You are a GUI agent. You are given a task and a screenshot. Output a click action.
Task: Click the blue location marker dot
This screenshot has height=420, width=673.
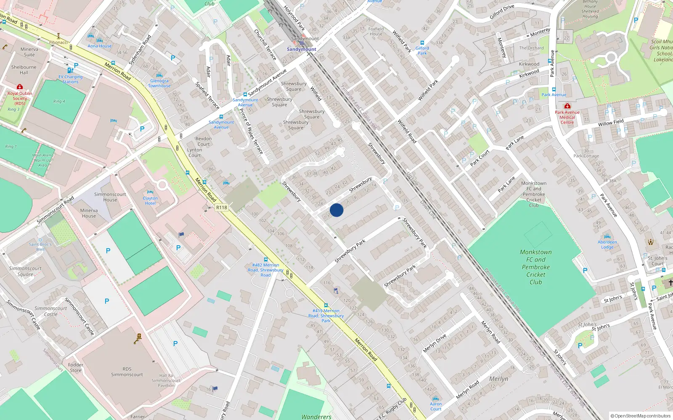[336, 210]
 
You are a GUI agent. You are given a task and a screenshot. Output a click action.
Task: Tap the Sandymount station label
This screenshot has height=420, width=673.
[301, 49]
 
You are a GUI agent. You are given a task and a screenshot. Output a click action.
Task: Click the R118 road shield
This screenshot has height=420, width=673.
[221, 207]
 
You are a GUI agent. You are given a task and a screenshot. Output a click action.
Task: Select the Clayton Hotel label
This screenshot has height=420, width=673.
[150, 201]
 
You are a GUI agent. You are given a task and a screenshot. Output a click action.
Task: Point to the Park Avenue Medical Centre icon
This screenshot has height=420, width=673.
[567, 106]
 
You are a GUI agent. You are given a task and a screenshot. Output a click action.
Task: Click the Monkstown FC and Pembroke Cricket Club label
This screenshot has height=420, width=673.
[535, 267]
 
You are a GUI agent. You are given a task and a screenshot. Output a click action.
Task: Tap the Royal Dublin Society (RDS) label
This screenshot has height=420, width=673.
[20, 98]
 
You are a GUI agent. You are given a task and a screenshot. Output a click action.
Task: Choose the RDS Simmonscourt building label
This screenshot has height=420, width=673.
[127, 372]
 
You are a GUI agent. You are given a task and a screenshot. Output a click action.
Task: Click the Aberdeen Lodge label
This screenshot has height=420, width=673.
[607, 244]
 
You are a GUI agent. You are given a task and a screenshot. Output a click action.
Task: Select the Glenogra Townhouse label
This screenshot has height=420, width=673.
[159, 83]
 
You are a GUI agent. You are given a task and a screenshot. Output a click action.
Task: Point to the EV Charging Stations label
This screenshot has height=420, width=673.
[70, 79]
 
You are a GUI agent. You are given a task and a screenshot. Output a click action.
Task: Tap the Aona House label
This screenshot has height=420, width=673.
[100, 46]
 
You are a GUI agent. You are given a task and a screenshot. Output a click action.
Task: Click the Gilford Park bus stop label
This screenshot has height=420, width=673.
[422, 51]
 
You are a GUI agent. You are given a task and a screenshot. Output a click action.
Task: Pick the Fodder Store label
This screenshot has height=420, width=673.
[76, 367]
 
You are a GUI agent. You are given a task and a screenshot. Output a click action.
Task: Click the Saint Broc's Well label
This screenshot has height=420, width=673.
[40, 247]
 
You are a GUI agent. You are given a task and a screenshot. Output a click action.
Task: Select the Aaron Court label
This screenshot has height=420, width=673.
[436, 406]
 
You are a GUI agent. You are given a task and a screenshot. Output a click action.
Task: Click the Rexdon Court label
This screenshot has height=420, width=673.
[204, 141]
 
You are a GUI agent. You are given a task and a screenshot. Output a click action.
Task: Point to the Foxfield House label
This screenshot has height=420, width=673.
[376, 31]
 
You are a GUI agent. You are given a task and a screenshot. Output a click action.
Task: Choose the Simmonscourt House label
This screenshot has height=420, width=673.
[110, 197]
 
